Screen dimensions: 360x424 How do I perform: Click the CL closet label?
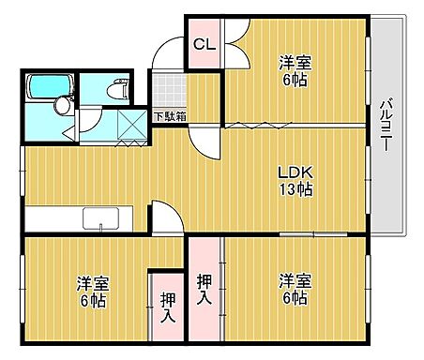203,43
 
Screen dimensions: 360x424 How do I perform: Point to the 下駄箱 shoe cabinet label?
170,116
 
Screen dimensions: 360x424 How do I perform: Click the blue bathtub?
48,87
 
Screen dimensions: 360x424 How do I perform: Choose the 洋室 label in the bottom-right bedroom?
294,281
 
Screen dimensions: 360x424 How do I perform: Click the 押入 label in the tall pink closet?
204,289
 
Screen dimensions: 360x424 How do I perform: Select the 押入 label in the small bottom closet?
166,307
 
